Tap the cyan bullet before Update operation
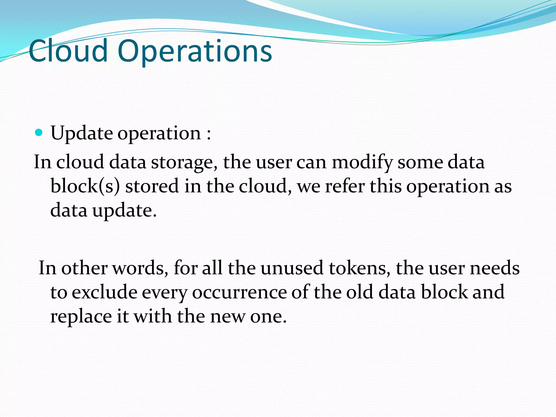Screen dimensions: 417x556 (39, 133)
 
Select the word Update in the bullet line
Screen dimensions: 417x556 (81, 134)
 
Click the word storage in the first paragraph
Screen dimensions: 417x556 (184, 162)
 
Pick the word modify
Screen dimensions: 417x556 (362, 162)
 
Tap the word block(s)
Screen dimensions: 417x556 (85, 187)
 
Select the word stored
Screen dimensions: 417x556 (152, 187)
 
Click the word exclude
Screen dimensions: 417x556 (104, 292)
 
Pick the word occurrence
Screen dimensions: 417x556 (239, 292)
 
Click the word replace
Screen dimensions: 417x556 (81, 317)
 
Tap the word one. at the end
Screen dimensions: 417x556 (268, 317)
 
